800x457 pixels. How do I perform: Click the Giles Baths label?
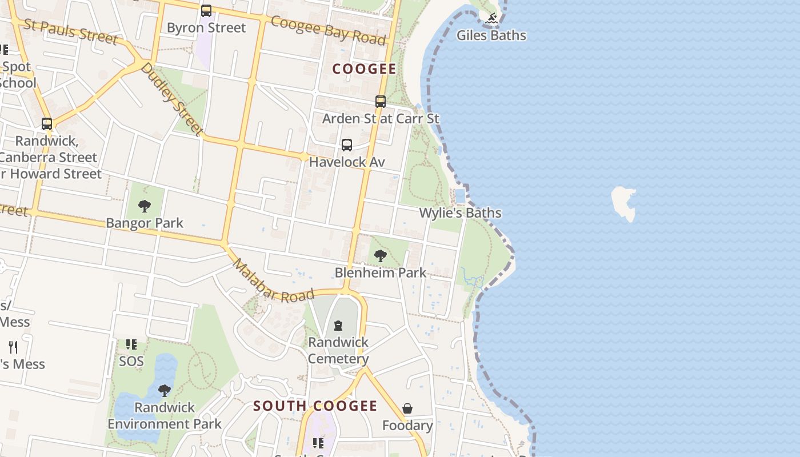click(x=491, y=35)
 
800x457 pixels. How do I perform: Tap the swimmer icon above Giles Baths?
click(x=491, y=19)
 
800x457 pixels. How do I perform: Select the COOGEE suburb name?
click(x=364, y=69)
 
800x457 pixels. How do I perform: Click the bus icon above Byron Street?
click(x=206, y=11)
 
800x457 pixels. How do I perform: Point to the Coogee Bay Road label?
click(x=329, y=30)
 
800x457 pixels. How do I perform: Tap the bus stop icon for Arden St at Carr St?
click(x=381, y=102)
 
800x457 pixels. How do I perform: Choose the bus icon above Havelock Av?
click(x=347, y=145)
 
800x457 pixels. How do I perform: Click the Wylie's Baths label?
click(x=460, y=213)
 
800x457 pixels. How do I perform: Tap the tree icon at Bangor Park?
click(x=145, y=206)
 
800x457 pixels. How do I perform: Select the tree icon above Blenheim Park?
click(x=381, y=256)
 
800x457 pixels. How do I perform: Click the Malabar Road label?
click(x=273, y=280)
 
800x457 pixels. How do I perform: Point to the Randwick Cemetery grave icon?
click(x=338, y=326)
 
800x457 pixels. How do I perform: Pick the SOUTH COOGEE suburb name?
click(x=315, y=406)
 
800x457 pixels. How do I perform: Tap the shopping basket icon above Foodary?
click(x=407, y=409)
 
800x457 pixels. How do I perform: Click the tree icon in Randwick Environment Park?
click(x=165, y=391)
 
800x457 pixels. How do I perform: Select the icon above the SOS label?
click(x=131, y=344)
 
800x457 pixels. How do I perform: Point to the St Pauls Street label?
click(x=70, y=31)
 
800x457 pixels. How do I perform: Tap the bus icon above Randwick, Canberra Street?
click(x=47, y=123)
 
